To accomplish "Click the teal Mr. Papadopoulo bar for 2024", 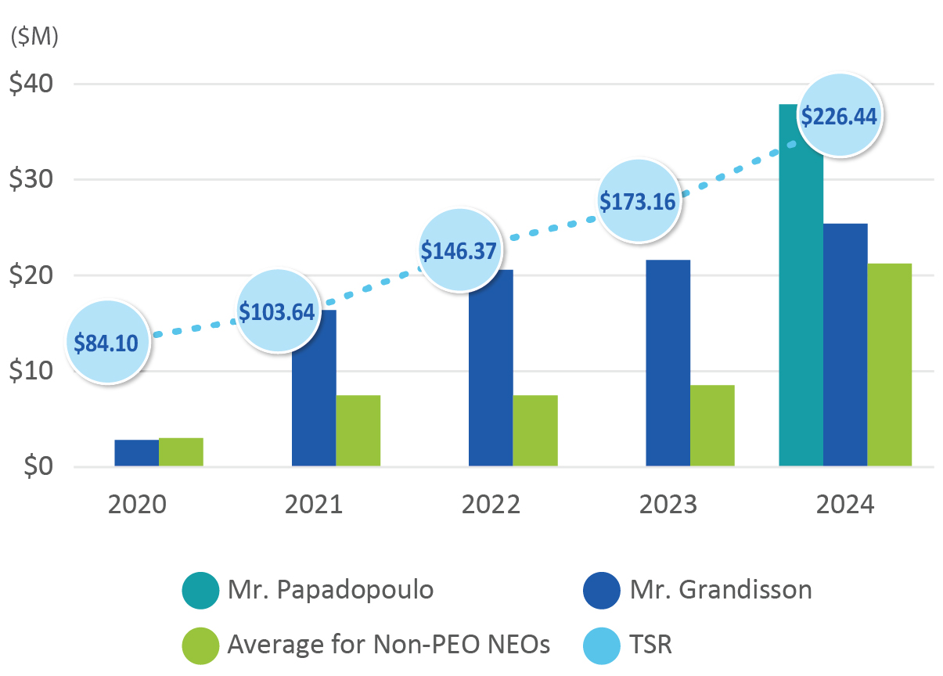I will tap(801, 313).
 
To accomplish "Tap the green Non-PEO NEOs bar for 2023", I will tap(712, 426).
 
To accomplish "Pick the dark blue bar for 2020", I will tap(136, 453).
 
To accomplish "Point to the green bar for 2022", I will tap(535, 430).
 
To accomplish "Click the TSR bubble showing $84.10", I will tap(107, 342).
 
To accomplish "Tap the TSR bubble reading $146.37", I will tap(459, 250).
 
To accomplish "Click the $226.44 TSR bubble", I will tap(839, 116).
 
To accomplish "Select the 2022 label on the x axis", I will tap(491, 505).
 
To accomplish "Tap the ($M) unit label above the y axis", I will tap(34, 37).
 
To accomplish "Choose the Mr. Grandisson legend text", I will tap(721, 589).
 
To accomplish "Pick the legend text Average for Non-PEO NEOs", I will tap(388, 645).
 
